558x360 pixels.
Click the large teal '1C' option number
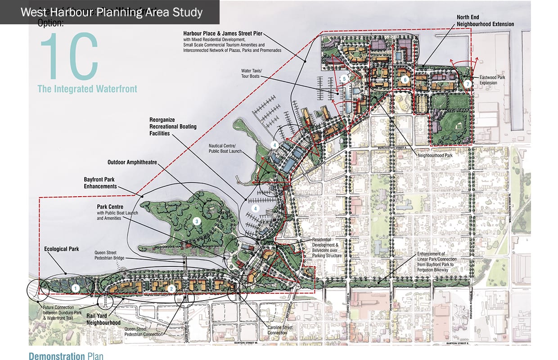(x=68, y=56)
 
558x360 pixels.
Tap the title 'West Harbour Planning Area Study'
(x=112, y=12)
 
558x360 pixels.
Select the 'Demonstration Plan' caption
(x=66, y=356)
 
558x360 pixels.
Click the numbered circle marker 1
(x=76, y=287)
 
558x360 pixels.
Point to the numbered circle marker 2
(x=171, y=288)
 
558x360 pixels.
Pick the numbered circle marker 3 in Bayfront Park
(x=196, y=221)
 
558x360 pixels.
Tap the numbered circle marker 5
(x=344, y=78)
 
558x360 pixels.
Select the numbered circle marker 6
(x=405, y=80)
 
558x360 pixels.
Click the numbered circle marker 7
(x=468, y=84)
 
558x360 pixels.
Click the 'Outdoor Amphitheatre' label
(x=132, y=162)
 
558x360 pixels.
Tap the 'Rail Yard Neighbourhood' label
(x=103, y=319)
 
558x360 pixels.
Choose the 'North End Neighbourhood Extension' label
(x=485, y=20)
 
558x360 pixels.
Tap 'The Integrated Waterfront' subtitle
(x=87, y=89)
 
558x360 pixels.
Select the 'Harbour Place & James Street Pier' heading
(x=223, y=33)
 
